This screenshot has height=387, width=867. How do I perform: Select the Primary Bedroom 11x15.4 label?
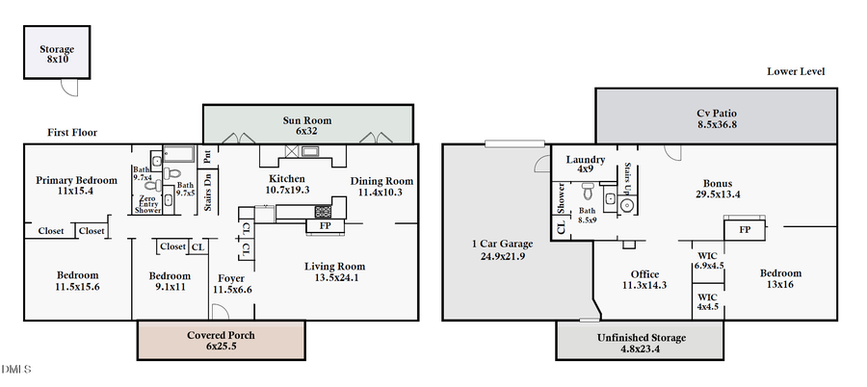76,186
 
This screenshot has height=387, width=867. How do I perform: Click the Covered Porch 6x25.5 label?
221,341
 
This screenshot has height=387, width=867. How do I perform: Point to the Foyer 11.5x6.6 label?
231,284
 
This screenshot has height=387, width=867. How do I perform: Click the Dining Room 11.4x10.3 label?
381,187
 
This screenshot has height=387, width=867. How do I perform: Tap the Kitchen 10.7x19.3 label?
287,185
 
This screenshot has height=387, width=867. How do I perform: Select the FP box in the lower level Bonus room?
745,231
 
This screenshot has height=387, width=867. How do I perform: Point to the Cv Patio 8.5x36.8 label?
717,118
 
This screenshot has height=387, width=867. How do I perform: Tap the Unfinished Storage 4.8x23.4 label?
641,344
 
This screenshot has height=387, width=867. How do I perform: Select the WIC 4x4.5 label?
707,302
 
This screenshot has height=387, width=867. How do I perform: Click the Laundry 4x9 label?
585,165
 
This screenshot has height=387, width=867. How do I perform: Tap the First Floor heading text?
72,133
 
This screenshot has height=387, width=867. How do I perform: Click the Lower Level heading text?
796,72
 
